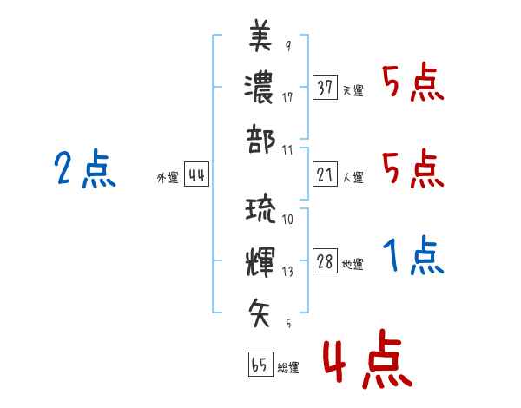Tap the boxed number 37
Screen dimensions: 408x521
click(x=325, y=88)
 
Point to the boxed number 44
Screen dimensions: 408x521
click(x=196, y=176)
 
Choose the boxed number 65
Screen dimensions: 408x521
click(x=260, y=365)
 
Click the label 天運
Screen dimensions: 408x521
click(x=353, y=90)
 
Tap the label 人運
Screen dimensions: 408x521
click(x=353, y=178)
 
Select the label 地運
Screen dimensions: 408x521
click(x=353, y=265)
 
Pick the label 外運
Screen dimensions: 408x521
click(x=167, y=178)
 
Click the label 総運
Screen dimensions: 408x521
click(x=288, y=367)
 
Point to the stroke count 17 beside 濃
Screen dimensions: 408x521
click(x=287, y=96)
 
